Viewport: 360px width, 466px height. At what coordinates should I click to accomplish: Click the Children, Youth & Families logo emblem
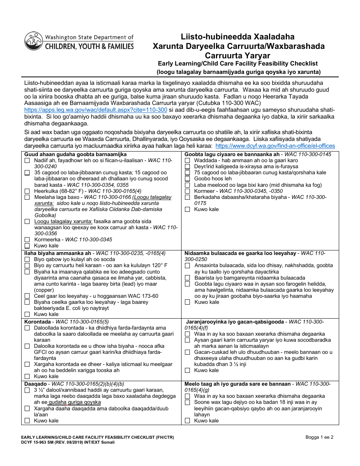click(x=33, y=41)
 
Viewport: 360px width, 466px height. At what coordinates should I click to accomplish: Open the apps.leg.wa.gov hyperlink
click(x=95, y=110)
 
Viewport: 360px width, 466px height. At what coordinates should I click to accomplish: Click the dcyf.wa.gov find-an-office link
click(x=275, y=146)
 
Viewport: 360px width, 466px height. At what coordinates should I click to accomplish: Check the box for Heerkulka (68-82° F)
click(x=27, y=191)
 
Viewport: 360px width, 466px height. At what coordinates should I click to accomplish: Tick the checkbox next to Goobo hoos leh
click(x=187, y=179)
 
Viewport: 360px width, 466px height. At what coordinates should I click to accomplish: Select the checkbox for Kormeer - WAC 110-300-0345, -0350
click(x=187, y=191)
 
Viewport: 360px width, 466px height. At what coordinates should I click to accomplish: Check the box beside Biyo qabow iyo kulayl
click(x=27, y=260)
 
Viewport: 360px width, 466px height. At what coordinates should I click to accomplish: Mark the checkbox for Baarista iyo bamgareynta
click(x=187, y=278)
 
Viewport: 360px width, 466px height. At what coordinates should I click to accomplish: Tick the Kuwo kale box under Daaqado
click(x=27, y=421)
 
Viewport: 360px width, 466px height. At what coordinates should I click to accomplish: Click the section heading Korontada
click(x=36, y=322)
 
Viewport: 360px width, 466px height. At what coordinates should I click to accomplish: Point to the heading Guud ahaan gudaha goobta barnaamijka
click(x=75, y=155)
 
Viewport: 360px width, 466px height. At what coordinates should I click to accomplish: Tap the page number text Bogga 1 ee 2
click(x=319, y=437)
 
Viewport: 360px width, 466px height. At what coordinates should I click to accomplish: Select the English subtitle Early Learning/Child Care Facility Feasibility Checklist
click(x=238, y=64)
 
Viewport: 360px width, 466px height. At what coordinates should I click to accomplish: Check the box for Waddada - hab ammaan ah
click(x=187, y=161)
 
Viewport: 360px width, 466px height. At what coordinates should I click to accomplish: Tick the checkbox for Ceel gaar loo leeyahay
click(x=27, y=296)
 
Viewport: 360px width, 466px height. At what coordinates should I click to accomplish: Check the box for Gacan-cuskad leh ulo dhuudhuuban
click(x=187, y=352)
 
